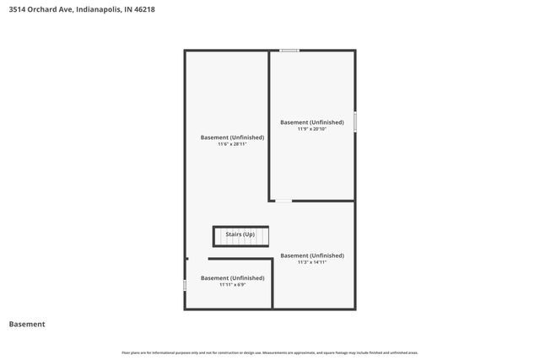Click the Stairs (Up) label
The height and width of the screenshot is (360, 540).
pos(240,234)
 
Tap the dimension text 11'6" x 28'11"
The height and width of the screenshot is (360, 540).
pos(232,144)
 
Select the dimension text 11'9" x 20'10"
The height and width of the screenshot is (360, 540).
pos(312,129)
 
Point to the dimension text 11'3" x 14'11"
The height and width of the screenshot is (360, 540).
pos(312,262)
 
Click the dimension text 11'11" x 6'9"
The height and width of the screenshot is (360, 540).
pos(232,284)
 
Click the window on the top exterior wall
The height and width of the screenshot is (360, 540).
pos(289,51)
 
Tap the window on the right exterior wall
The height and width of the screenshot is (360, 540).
pos(355,121)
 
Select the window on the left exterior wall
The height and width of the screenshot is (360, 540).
pos(185,286)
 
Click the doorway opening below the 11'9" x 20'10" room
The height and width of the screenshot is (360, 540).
pos(283,201)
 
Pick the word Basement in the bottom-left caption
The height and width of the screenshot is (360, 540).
pos(27,325)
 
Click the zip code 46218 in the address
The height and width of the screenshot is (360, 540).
pos(143,10)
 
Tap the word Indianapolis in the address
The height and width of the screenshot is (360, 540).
pos(98,10)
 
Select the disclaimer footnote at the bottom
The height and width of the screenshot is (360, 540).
pos(270,352)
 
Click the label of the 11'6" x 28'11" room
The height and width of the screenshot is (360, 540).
pos(232,137)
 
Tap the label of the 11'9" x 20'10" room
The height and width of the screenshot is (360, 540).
pos(312,122)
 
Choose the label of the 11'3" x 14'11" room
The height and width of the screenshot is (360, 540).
pos(312,255)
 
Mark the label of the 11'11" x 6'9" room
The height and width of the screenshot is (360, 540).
pos(232,277)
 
